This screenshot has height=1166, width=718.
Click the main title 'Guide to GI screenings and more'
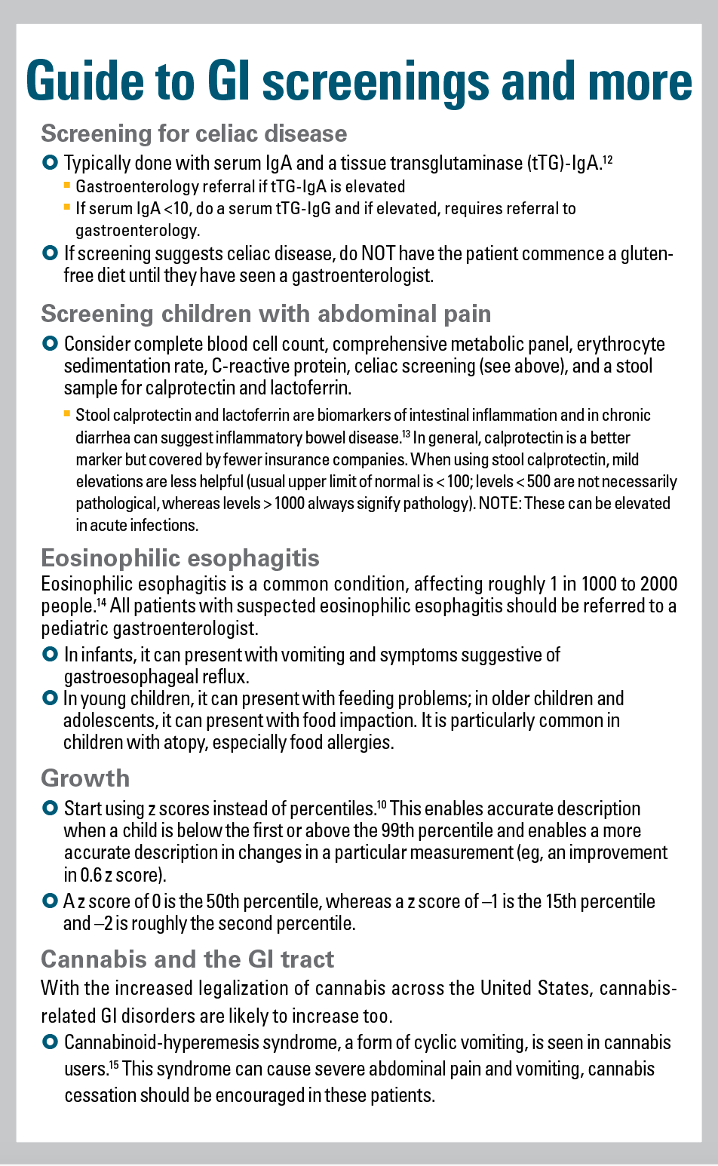(x=359, y=81)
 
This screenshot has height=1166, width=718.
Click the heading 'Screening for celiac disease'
(x=194, y=133)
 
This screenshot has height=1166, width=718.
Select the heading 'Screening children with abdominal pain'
(x=265, y=314)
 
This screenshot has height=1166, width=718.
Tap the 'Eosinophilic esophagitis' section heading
(x=180, y=558)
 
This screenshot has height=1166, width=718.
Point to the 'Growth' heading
(x=85, y=778)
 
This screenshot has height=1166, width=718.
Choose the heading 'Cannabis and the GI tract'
(x=187, y=959)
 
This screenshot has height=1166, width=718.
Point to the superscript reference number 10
(x=382, y=805)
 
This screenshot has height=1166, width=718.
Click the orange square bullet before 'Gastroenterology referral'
(x=67, y=185)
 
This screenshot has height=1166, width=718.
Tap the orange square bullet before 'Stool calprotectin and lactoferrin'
(x=67, y=413)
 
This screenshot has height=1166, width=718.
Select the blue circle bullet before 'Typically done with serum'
(x=50, y=162)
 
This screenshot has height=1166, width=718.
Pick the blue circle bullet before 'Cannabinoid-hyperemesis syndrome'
(x=50, y=1042)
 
